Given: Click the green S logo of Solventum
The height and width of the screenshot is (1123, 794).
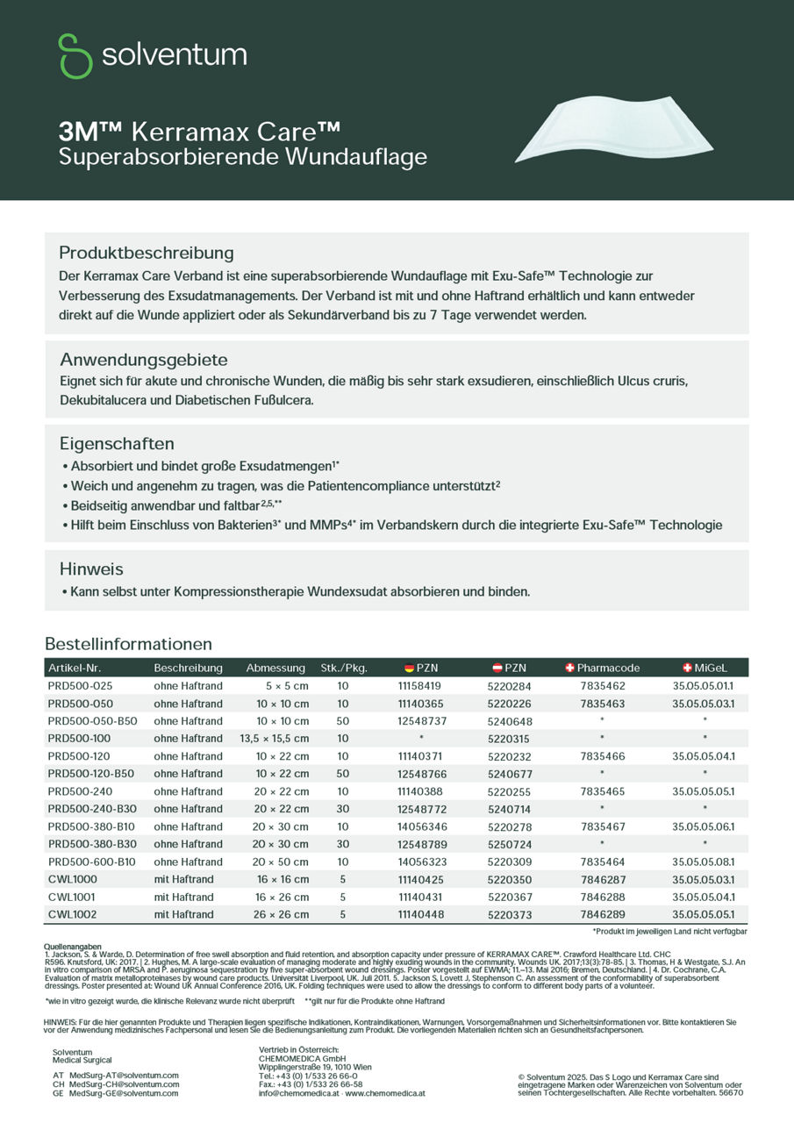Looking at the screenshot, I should (75, 56).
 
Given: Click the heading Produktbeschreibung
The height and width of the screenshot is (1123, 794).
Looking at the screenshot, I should (147, 253).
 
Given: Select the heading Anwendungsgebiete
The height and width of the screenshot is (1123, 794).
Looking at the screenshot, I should (144, 360).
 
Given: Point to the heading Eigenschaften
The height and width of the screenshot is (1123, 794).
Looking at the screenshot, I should (117, 443).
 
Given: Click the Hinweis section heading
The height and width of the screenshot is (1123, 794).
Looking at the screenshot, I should (91, 569).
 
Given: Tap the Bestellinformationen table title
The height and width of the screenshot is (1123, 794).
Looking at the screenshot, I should (128, 644).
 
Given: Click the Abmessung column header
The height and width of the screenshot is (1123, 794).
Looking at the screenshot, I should (275, 668).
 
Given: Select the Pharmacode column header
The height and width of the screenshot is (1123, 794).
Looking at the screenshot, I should (603, 668).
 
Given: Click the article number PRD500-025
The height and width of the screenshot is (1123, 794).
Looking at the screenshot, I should (80, 686).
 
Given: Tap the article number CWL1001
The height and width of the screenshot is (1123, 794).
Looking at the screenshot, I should (73, 897).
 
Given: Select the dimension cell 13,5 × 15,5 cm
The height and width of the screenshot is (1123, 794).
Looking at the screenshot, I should (274, 739).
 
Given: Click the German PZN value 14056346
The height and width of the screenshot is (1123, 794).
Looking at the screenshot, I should (422, 826).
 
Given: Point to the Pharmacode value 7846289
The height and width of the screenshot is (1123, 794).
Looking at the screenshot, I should (603, 914).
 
